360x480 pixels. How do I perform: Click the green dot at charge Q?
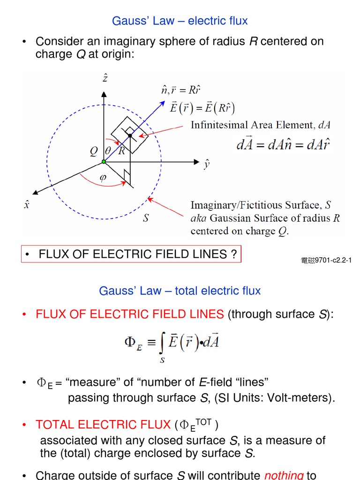tap(104, 162)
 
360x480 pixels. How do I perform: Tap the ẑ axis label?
tap(105, 78)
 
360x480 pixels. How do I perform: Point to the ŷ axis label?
tap(206, 165)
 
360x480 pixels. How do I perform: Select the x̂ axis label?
tap(27, 204)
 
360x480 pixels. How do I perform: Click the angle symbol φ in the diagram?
tap(103, 178)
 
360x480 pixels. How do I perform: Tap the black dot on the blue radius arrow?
tap(130, 135)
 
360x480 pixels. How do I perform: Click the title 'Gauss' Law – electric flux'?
tap(180, 21)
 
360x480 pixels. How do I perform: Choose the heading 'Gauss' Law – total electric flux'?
tap(180, 291)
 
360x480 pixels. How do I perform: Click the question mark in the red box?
tap(233, 255)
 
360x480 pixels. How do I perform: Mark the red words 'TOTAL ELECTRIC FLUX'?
tap(103, 425)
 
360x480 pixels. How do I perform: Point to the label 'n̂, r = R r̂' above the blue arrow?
tap(180, 90)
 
